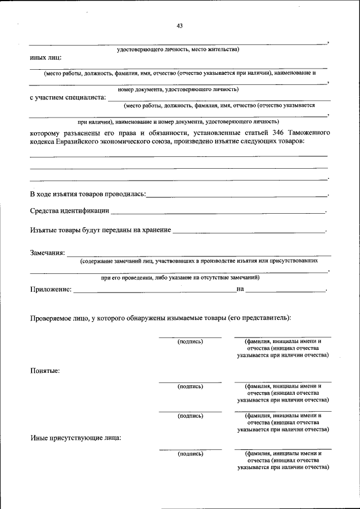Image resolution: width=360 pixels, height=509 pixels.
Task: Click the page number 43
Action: coord(179,26)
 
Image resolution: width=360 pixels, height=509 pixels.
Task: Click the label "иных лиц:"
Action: coord(46,57)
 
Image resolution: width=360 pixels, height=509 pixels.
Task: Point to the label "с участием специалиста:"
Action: coord(67,97)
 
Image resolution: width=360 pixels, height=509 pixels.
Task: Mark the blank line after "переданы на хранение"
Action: coord(249,230)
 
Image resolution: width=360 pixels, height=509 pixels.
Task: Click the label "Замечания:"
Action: coord(47,253)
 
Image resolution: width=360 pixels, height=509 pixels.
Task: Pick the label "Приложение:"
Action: coord(51,289)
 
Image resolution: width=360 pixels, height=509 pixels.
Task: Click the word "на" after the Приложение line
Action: coord(240,289)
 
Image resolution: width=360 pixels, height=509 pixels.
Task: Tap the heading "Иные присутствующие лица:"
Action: coord(75,438)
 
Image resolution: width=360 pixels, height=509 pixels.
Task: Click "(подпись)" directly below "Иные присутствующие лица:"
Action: coord(190,453)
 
